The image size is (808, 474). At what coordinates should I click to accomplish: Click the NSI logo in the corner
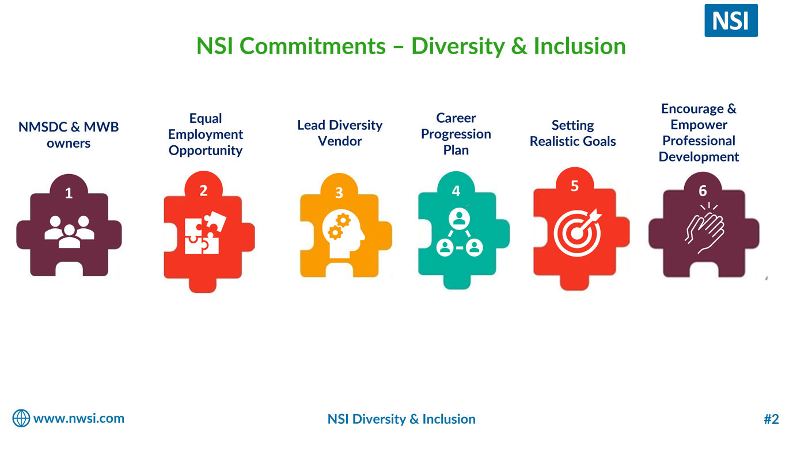(731, 20)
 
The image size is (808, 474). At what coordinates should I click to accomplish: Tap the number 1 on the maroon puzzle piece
(69, 193)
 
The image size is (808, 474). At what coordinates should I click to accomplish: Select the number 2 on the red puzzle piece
(203, 190)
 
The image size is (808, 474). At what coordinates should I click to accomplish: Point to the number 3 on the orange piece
(339, 193)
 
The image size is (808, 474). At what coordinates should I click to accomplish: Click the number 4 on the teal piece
(456, 191)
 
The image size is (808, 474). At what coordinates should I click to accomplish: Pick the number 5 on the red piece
(575, 186)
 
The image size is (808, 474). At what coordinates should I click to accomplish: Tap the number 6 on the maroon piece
(703, 191)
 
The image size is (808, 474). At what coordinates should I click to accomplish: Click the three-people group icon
(69, 232)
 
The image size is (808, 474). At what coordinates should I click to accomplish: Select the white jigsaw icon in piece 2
(205, 232)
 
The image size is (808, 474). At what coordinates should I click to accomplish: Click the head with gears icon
(343, 234)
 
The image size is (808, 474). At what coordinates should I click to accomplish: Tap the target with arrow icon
(578, 232)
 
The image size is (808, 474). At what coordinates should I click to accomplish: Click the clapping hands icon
(704, 228)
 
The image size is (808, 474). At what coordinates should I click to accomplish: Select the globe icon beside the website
(21, 418)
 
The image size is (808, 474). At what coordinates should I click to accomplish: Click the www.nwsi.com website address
(79, 418)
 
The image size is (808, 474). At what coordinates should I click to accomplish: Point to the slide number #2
(771, 419)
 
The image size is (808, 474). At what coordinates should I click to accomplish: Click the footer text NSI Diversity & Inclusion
(401, 419)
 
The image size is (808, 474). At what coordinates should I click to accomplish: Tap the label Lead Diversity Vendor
(340, 133)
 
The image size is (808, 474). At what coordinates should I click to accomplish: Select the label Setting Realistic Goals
(573, 133)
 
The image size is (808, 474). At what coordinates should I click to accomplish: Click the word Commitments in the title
(312, 46)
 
